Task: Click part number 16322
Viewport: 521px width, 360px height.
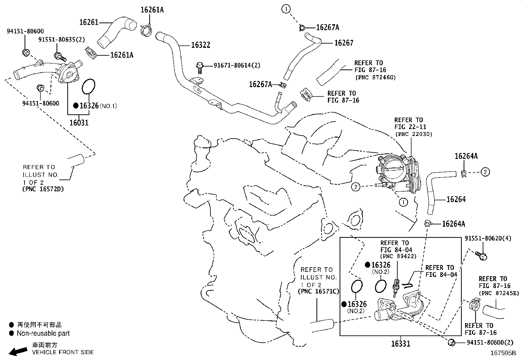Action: click(200, 45)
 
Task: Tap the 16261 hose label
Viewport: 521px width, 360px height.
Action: click(89, 22)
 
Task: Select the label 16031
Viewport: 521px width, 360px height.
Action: click(79, 123)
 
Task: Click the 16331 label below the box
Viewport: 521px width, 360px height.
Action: click(401, 343)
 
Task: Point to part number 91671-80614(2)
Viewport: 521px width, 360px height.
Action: click(237, 66)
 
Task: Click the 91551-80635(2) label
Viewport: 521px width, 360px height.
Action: click(62, 40)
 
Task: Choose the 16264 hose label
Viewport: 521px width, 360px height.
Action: click(456, 199)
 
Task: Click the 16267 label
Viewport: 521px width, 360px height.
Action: click(344, 43)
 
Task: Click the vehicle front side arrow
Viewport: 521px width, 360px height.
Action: click(18, 351)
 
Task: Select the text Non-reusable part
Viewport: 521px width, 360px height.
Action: click(43, 333)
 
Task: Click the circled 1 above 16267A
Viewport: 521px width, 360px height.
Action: click(286, 9)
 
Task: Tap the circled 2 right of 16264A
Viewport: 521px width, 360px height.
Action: click(485, 172)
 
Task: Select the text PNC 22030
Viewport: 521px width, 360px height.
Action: click(414, 134)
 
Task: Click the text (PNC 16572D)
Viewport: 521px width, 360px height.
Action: click(43, 189)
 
